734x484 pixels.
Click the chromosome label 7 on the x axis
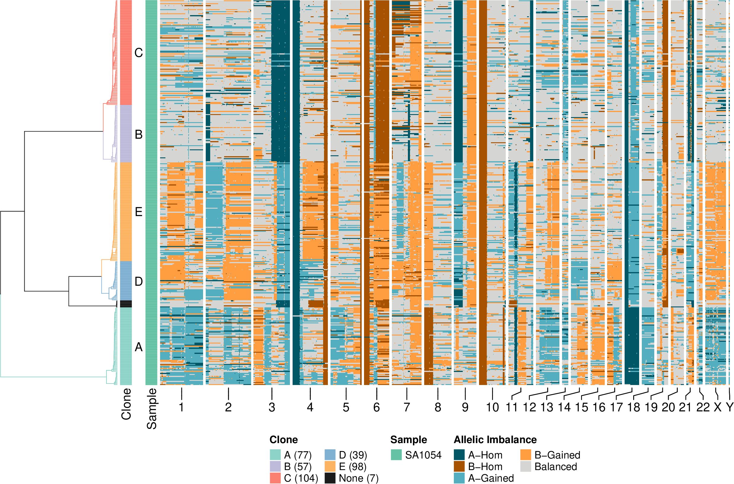pyautogui.click(x=406, y=408)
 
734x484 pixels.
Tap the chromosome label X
pyautogui.click(x=718, y=408)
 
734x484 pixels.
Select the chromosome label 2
pyautogui.click(x=228, y=408)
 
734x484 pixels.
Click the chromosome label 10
pyautogui.click(x=492, y=408)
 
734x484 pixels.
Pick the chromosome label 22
pyautogui.click(x=703, y=408)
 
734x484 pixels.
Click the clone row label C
pyautogui.click(x=139, y=53)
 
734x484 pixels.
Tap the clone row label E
pyautogui.click(x=139, y=212)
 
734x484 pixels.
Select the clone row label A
pyautogui.click(x=139, y=347)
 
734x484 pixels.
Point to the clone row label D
pyautogui.click(x=139, y=282)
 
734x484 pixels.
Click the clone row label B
pyautogui.click(x=139, y=135)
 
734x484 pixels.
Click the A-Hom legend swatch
pyautogui.click(x=459, y=455)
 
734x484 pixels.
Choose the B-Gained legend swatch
pyautogui.click(x=525, y=455)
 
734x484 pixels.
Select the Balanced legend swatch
pyautogui.click(x=525, y=467)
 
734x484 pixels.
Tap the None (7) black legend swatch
pyautogui.click(x=330, y=478)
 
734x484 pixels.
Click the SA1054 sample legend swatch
pyautogui.click(x=396, y=455)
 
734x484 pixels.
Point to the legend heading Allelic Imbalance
pyautogui.click(x=495, y=440)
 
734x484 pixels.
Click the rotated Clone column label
pyautogui.click(x=126, y=404)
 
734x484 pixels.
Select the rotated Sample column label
pyautogui.click(x=151, y=409)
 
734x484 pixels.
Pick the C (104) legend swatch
pyautogui.click(x=275, y=478)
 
